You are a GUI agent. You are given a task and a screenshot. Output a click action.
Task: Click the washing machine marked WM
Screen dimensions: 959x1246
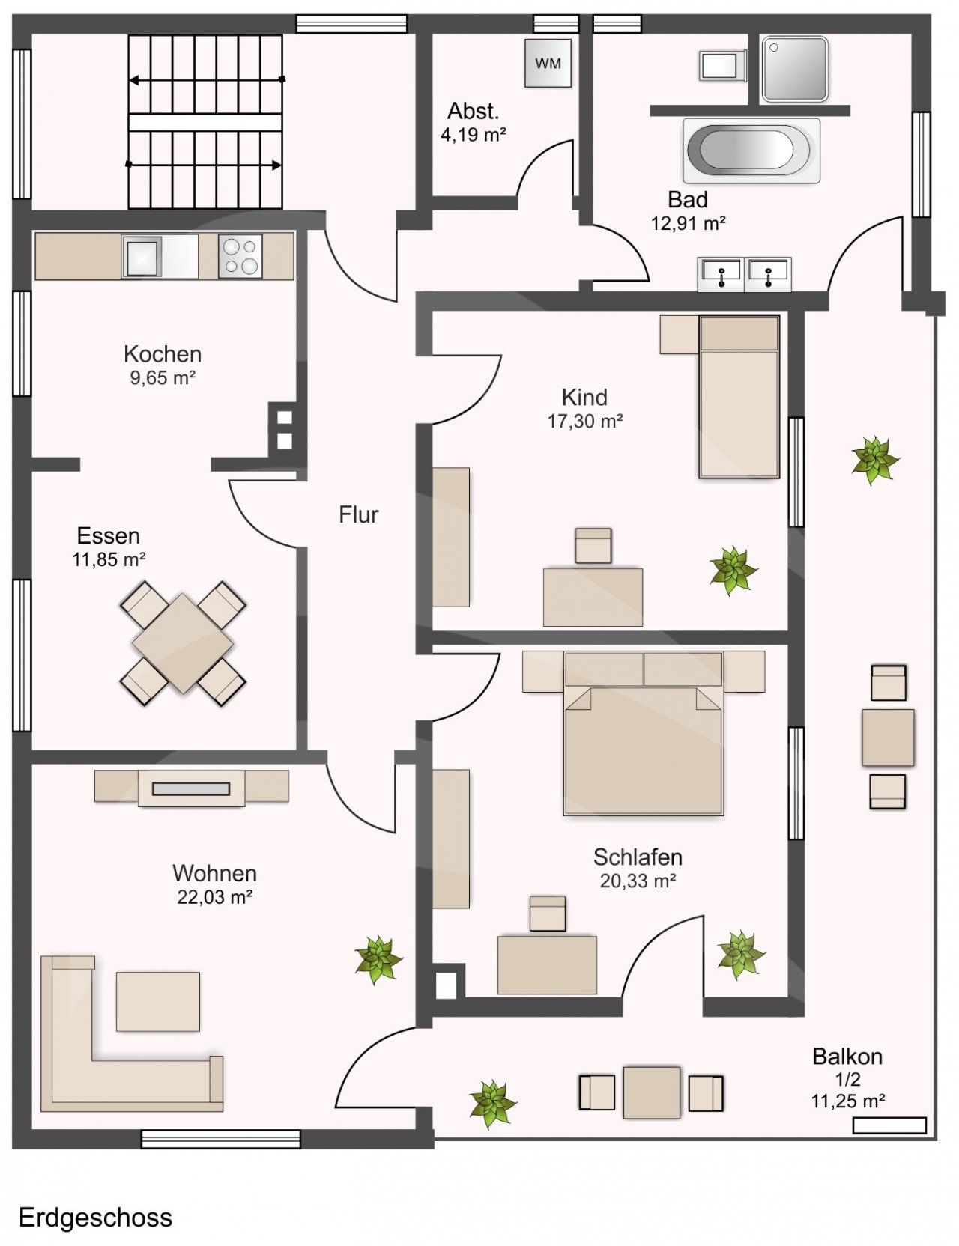click(x=548, y=64)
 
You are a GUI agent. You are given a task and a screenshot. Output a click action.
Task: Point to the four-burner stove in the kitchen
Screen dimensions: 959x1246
click(x=240, y=256)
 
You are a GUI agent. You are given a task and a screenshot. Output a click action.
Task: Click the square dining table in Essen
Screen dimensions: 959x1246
click(x=183, y=643)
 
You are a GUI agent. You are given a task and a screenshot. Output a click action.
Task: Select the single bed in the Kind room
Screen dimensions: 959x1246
click(x=739, y=397)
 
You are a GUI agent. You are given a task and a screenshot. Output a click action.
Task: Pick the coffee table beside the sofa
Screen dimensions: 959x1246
click(x=158, y=1001)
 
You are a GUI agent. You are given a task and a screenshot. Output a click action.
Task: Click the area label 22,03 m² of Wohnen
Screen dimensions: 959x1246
click(x=214, y=897)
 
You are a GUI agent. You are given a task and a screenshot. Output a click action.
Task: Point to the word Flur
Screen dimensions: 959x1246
click(x=359, y=514)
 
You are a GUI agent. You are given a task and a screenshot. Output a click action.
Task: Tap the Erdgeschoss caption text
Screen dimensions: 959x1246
click(x=95, y=1218)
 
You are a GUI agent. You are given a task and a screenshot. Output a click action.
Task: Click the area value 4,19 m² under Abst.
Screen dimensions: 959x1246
click(x=474, y=135)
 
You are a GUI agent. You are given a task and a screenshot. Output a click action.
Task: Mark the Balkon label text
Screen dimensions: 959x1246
click(x=847, y=1057)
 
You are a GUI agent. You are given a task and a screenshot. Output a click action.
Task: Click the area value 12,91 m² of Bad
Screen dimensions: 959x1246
click(x=689, y=223)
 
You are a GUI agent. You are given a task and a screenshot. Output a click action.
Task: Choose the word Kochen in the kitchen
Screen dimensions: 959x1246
click(x=163, y=353)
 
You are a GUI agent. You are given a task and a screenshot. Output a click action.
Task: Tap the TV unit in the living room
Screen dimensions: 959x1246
click(x=191, y=788)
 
